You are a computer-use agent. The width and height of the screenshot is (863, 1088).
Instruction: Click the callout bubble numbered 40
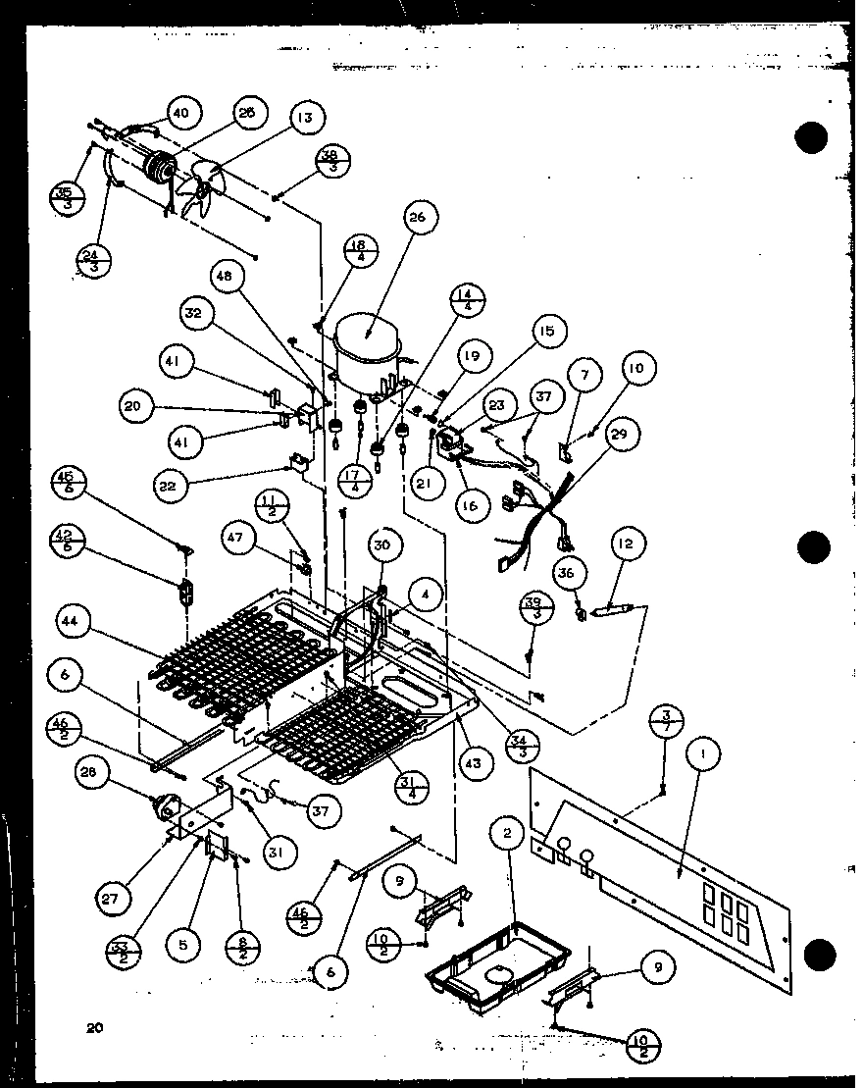181,113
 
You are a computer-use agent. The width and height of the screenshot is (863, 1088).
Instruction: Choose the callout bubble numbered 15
545,332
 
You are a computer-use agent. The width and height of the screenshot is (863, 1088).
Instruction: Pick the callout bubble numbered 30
383,545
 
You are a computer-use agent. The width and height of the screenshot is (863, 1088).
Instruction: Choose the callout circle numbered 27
114,896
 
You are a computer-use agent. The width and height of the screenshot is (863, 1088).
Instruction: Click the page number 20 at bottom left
93,1027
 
